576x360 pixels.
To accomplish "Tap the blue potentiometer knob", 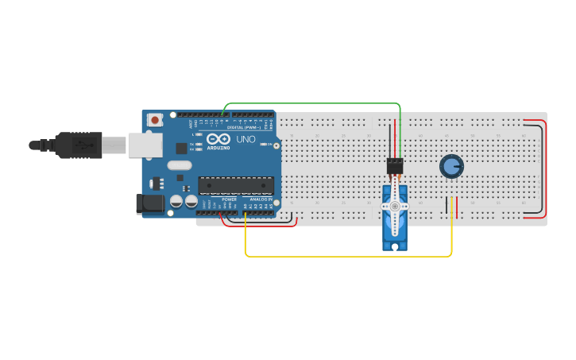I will [x=451, y=166].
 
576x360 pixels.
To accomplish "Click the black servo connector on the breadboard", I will [x=395, y=165].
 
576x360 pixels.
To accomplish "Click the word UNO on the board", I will [x=245, y=139].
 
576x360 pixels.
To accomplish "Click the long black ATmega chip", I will [x=236, y=184].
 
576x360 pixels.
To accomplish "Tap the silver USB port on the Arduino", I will [x=145, y=144].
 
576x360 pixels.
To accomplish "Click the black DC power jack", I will [x=149, y=203].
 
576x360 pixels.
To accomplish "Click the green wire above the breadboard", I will [x=310, y=103].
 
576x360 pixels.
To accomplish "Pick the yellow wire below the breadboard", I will [x=350, y=256].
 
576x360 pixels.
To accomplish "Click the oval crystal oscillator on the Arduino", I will [x=180, y=165].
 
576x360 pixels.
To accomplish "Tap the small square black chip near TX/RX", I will [x=182, y=147].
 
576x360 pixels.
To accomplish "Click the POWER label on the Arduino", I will [x=229, y=199].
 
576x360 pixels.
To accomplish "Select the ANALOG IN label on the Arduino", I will [x=261, y=199].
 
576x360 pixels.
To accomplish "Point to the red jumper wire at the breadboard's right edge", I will [x=545, y=167].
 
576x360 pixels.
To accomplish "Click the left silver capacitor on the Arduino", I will [x=176, y=203].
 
